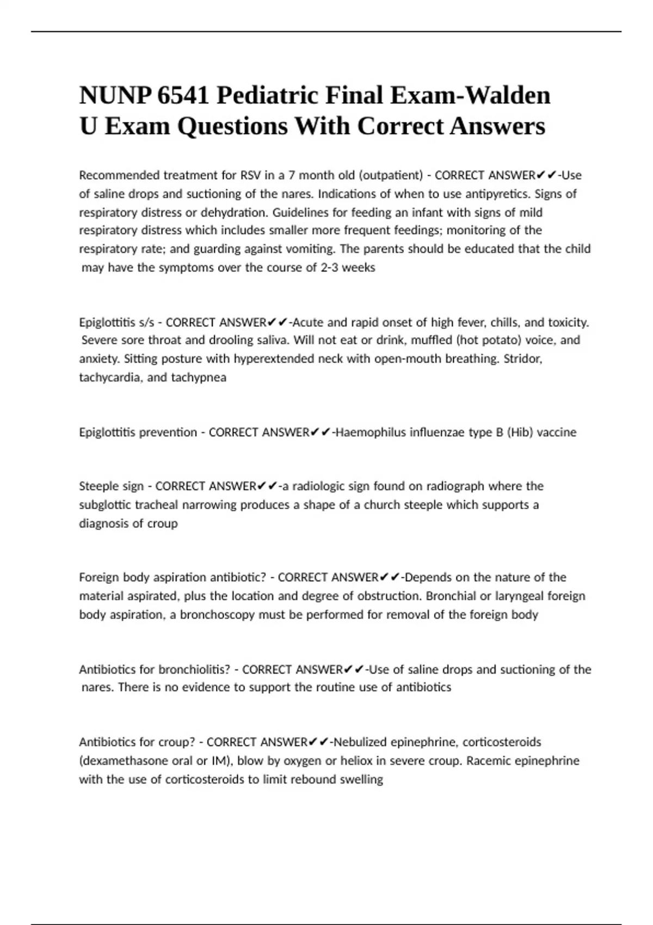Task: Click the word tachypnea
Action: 199,377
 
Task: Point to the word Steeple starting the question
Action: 99,486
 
